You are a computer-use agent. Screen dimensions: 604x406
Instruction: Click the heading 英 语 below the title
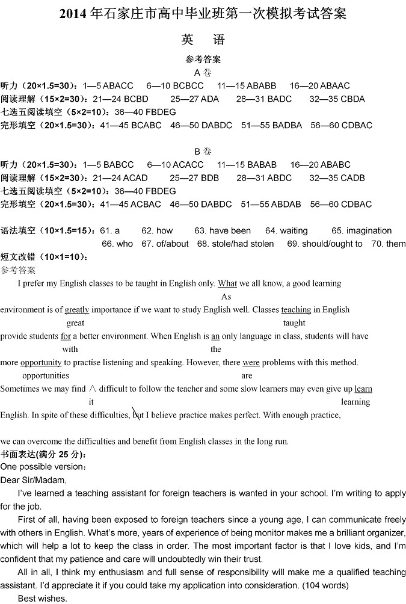(x=203, y=40)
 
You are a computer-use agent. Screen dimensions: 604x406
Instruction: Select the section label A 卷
(x=203, y=72)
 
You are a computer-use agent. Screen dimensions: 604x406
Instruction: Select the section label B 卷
(x=203, y=151)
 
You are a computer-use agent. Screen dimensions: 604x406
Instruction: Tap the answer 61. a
(x=109, y=230)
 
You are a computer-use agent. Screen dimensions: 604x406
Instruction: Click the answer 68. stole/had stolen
(x=235, y=244)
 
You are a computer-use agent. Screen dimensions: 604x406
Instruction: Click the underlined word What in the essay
(x=227, y=283)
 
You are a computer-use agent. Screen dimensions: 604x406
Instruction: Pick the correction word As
(x=226, y=297)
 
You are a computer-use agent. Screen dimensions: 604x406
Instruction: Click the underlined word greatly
(x=77, y=310)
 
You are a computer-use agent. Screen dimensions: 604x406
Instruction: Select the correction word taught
(x=294, y=323)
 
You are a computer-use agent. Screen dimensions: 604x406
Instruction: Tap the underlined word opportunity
(x=41, y=363)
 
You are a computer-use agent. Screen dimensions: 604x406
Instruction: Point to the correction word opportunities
(x=46, y=376)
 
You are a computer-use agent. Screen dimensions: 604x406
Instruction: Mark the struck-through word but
(x=137, y=414)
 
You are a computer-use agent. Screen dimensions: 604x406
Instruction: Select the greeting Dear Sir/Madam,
(x=34, y=480)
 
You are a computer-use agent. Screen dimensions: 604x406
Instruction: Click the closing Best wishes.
(x=42, y=598)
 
